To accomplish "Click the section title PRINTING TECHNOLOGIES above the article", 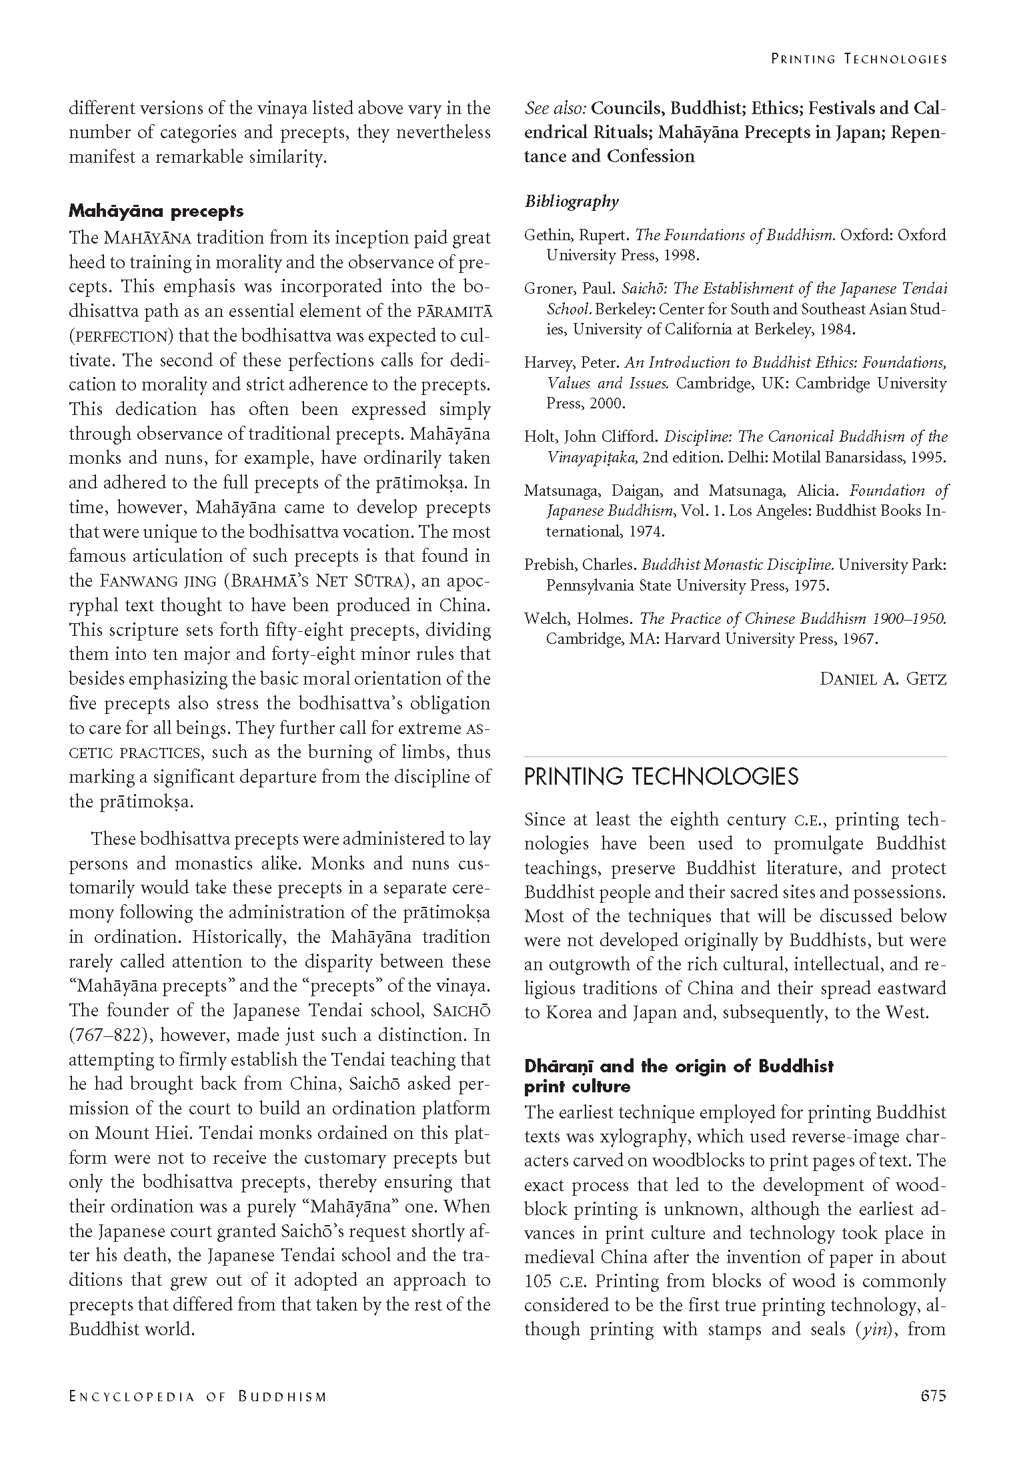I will (x=661, y=777).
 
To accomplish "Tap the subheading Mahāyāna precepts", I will (x=156, y=212).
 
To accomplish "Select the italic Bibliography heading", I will (x=572, y=202).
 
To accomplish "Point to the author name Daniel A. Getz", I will (x=882, y=679).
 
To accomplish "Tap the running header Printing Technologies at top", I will (x=859, y=59).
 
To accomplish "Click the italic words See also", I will (x=555, y=108).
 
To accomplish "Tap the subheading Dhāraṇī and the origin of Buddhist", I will (x=679, y=1066).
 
